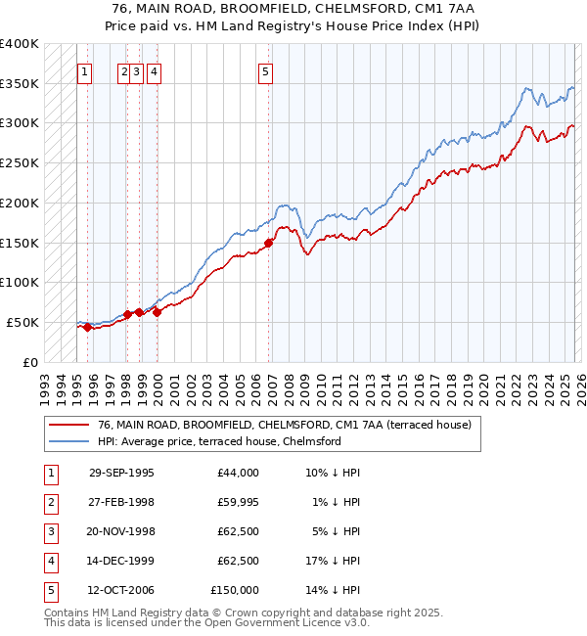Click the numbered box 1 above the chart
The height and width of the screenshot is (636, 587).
(x=84, y=70)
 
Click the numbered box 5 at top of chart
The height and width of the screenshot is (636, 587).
(x=266, y=70)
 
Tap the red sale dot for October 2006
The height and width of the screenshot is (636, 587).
(x=270, y=243)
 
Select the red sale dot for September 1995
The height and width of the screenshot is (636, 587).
(x=88, y=328)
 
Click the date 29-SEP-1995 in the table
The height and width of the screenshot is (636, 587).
(x=121, y=473)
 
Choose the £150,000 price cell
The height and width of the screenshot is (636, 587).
(x=235, y=590)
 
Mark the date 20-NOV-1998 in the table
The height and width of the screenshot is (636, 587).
(x=121, y=531)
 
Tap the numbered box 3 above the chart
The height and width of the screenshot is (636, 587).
(x=138, y=70)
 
